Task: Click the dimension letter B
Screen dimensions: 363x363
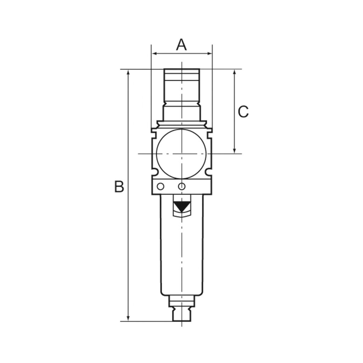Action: coord(119,186)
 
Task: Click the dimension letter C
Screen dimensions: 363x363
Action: coord(243,112)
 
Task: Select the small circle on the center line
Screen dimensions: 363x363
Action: coord(182,186)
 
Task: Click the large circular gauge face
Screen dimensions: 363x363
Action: coord(181,153)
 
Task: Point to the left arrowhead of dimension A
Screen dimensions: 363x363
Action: coord(153,54)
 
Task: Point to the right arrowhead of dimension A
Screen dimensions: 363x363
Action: coord(210,54)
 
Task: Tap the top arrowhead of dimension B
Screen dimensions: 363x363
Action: coord(128,72)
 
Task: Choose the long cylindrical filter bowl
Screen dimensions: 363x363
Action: coord(181,255)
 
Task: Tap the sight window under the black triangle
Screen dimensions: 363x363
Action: coord(181,213)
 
